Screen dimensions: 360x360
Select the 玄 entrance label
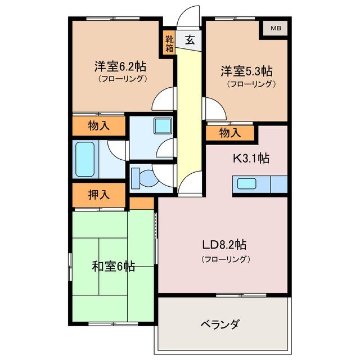190,40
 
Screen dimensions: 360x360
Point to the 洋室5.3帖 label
246,71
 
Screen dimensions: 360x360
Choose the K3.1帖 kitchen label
251,158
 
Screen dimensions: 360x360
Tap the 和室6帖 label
113,266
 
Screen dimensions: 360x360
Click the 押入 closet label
98,195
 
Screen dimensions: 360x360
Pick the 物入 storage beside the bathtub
98,126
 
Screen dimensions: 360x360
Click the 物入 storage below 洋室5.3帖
229,133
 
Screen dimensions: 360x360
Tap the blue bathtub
85,159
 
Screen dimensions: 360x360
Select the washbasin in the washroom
163,125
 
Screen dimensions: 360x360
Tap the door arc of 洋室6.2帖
164,100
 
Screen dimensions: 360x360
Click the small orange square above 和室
142,202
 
